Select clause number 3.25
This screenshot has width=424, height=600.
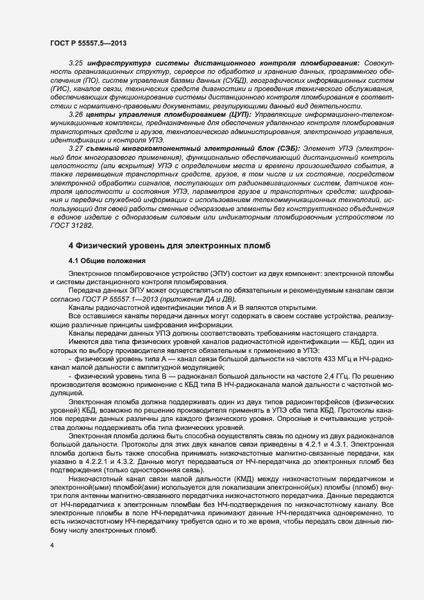pos(76,64)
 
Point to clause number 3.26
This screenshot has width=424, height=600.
pos(76,114)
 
